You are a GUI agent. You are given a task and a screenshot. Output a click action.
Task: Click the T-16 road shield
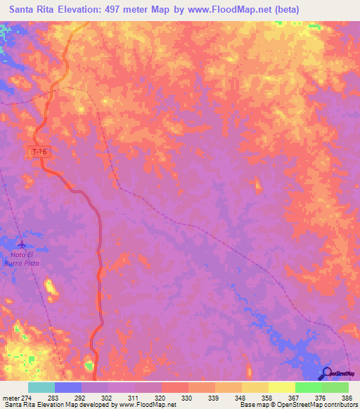click(x=41, y=152)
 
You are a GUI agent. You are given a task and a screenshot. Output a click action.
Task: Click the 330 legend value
click(x=188, y=398)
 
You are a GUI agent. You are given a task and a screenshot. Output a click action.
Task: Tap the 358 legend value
click(x=266, y=398)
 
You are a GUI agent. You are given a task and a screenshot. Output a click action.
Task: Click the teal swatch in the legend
click(x=41, y=387)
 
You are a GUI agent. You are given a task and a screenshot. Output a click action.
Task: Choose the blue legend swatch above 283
click(x=68, y=387)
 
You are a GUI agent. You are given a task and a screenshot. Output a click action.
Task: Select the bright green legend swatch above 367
click(x=308, y=387)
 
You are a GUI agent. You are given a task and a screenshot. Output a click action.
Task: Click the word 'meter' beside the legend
click(x=13, y=398)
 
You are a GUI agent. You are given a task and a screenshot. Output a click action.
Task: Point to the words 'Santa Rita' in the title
click(x=34, y=10)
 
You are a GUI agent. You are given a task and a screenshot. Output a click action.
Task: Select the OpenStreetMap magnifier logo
click(x=328, y=372)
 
